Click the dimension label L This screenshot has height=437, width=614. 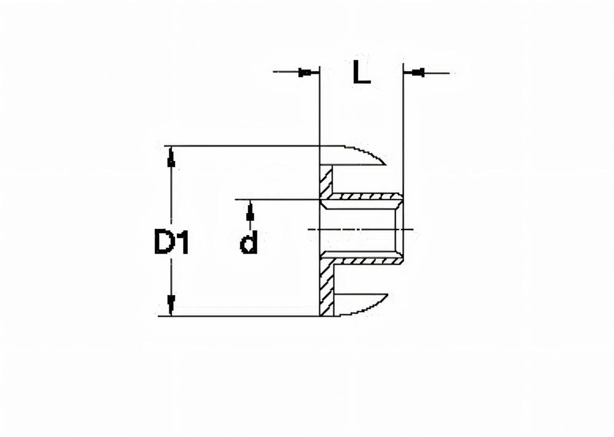coord(362,72)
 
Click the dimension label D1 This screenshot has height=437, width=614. coord(171,243)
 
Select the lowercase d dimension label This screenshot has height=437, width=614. coord(249,244)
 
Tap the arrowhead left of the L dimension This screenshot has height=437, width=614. coord(305,73)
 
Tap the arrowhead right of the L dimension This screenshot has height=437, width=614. coord(418,73)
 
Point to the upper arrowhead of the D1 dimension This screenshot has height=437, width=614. coord(171,158)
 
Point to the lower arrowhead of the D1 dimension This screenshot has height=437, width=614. coord(171,303)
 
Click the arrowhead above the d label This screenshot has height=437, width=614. coord(249,213)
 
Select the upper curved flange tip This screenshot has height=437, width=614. coord(368,155)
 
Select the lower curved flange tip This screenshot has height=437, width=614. coord(368,304)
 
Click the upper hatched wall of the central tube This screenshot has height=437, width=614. coord(362,197)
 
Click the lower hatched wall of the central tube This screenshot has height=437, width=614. coord(362,261)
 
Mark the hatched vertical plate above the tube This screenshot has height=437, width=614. coord(326,181)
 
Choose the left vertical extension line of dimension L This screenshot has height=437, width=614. coord(320,110)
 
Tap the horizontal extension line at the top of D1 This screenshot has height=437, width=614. coord(246,146)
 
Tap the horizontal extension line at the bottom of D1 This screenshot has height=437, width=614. coord(246,316)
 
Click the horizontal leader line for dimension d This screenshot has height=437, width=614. coord(276,199)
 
